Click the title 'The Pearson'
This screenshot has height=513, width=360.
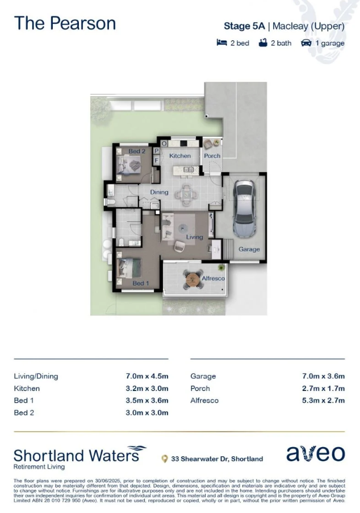coord(65,23)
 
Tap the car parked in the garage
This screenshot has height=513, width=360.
coord(244,208)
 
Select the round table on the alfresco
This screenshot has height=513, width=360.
coord(193,279)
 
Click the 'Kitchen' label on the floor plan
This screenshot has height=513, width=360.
coord(180,155)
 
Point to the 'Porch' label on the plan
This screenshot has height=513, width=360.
coord(212,155)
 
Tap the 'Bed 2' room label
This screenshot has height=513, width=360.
coord(137,151)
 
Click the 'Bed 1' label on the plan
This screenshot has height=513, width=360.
coord(141,283)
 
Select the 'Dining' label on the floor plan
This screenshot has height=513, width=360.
coord(160,192)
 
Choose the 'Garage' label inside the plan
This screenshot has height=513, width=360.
coord(249,249)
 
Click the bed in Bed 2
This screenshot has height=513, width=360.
coord(130,164)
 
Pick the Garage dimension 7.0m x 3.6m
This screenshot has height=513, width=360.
coord(323,376)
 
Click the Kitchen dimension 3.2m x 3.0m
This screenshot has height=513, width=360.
coord(147,388)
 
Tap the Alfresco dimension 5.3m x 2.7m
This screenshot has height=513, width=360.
coord(323,401)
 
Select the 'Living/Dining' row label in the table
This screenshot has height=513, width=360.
coord(36,376)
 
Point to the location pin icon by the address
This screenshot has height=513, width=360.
coord(165,459)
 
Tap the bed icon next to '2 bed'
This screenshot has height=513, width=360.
coord(221,43)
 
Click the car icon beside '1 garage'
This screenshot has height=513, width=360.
coord(306,43)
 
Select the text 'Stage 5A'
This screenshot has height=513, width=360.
coord(244,26)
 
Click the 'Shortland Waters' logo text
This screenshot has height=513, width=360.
coord(76,456)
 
